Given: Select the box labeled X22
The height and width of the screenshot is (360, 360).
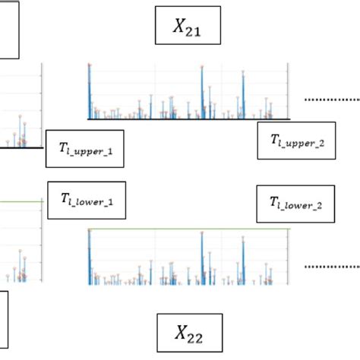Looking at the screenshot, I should click(190, 332).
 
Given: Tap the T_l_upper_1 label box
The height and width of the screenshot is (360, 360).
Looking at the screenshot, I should click(86, 150).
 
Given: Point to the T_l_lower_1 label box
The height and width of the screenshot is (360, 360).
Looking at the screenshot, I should click(86, 201).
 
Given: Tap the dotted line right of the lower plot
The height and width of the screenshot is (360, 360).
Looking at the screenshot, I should click(331, 267).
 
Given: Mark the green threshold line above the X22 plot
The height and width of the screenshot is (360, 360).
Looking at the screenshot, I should click(190, 229).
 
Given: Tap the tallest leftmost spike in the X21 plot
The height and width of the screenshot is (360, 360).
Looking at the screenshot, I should click(90, 91).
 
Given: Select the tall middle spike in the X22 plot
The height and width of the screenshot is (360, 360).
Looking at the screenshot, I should click(202, 258).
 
